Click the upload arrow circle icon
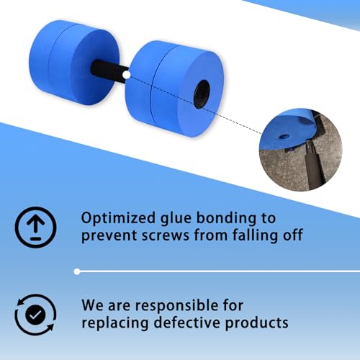click(x=32, y=226)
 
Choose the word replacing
click(x=117, y=324)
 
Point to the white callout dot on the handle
click(x=125, y=73)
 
